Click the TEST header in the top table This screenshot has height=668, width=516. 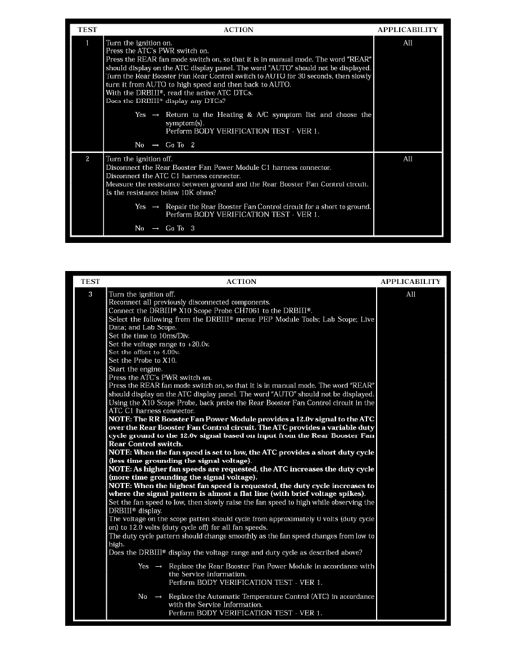87,30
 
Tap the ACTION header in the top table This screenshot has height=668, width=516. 238,30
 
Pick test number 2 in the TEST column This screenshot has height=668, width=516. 87,159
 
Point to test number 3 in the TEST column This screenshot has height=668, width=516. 90,294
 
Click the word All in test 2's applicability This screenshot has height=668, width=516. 408,159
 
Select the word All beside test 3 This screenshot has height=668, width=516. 410,294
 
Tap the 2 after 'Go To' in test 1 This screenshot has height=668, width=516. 192,145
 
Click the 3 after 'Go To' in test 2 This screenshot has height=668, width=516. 192,228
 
